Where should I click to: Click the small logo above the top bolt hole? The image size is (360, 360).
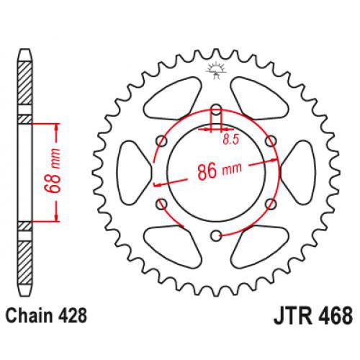click(215, 71)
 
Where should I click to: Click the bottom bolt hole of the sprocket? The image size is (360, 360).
click(215, 235)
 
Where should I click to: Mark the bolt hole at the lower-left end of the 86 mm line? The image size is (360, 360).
click(161, 204)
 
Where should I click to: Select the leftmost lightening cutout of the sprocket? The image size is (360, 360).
click(134, 173)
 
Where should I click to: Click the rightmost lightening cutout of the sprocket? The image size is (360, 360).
click(297, 173)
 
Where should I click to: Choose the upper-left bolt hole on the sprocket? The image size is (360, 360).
click(161, 142)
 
